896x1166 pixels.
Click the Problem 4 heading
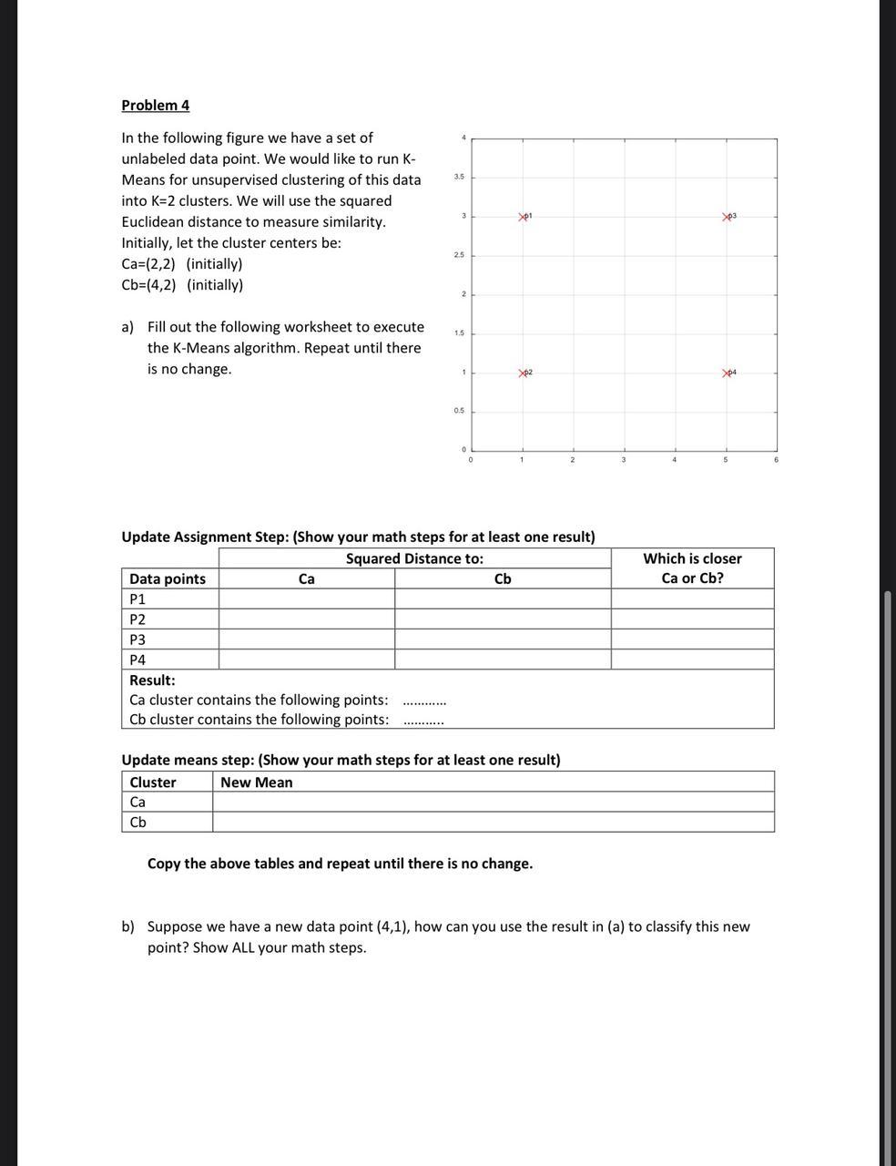click(156, 105)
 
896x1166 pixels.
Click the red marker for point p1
click(523, 217)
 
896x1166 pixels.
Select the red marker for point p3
click(727, 217)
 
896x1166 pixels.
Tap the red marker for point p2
click(523, 373)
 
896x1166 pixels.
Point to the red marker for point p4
click(727, 373)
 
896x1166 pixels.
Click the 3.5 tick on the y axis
click(460, 177)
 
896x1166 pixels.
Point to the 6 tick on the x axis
click(776, 460)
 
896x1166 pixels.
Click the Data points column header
click(168, 578)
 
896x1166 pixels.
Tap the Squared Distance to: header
click(414, 558)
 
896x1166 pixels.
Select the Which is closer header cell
click(692, 568)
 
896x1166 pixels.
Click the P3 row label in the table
click(137, 639)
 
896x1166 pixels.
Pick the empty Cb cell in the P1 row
click(503, 598)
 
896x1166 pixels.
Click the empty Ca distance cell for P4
click(307, 660)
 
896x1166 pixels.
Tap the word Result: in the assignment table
click(152, 680)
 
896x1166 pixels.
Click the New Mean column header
click(257, 782)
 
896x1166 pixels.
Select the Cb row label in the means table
click(138, 822)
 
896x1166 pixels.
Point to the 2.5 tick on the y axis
click(460, 255)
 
